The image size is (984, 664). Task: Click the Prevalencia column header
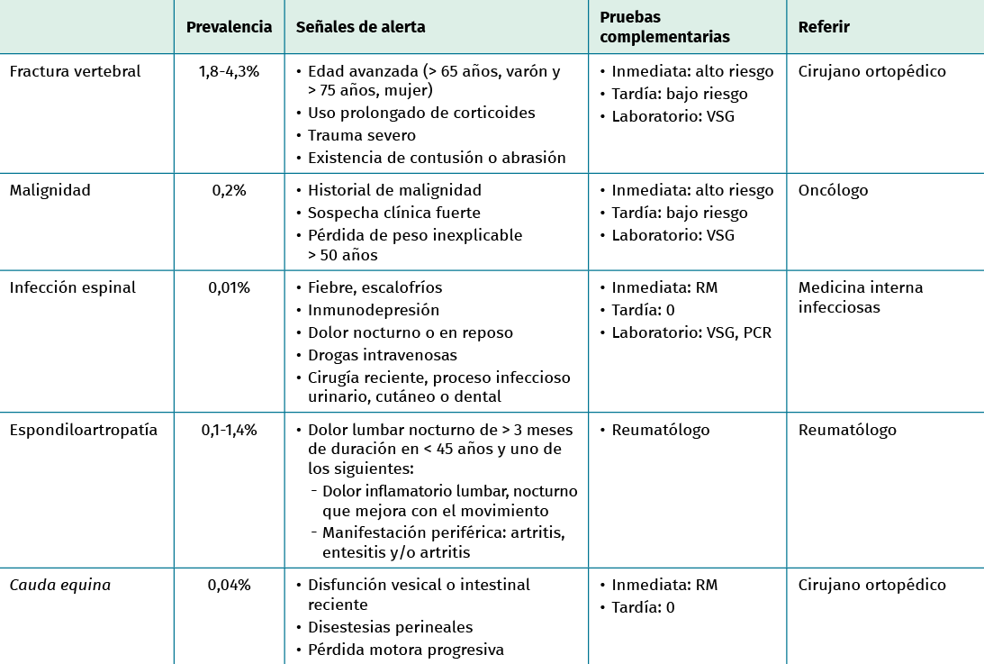point(229,27)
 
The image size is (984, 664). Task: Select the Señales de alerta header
point(360,27)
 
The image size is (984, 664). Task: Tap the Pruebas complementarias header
point(664,27)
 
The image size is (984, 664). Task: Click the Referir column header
point(824,27)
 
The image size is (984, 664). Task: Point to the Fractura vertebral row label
point(75,71)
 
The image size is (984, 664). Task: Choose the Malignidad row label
point(50,190)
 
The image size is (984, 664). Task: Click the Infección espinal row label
point(72,287)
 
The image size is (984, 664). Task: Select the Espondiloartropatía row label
point(83,430)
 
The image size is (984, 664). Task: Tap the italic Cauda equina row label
point(59,585)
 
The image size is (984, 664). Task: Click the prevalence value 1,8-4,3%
point(229,71)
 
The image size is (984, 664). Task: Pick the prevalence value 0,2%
point(229,190)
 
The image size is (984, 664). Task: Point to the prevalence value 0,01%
point(229,287)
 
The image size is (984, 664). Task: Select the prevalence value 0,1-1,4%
point(229,430)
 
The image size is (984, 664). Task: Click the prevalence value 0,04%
point(229,585)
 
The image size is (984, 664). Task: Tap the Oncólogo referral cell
point(833,190)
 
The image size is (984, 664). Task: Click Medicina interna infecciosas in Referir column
point(860,297)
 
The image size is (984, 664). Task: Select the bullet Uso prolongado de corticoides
point(421,113)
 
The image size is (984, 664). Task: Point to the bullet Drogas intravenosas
point(382,355)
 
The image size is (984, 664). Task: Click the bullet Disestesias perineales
point(390,627)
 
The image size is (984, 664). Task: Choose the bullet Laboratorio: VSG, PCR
point(691,332)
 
